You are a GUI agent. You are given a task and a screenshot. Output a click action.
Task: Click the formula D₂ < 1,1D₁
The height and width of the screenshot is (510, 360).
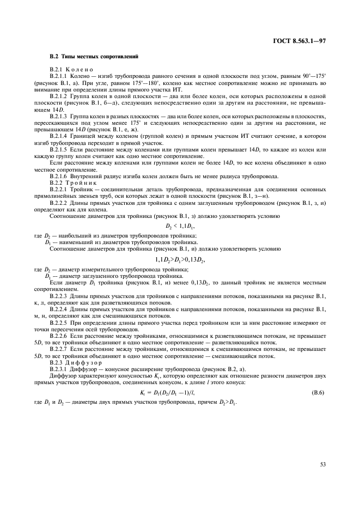tap(180, 225)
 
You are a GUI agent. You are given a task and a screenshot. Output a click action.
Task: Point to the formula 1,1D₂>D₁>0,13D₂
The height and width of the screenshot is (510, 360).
tap(180, 259)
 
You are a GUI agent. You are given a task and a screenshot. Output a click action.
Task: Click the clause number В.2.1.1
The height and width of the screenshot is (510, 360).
tap(59, 76)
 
